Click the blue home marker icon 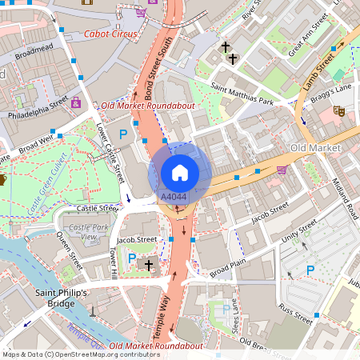coord(180,171)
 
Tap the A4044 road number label coord(174,196)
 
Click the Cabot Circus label coord(110,34)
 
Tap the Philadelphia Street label coord(38,110)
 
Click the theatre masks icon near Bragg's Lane coord(339,113)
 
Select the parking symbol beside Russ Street coord(310,270)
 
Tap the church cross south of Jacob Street coord(148,264)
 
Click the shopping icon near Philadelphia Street coord(76,102)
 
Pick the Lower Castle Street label coord(111,150)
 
